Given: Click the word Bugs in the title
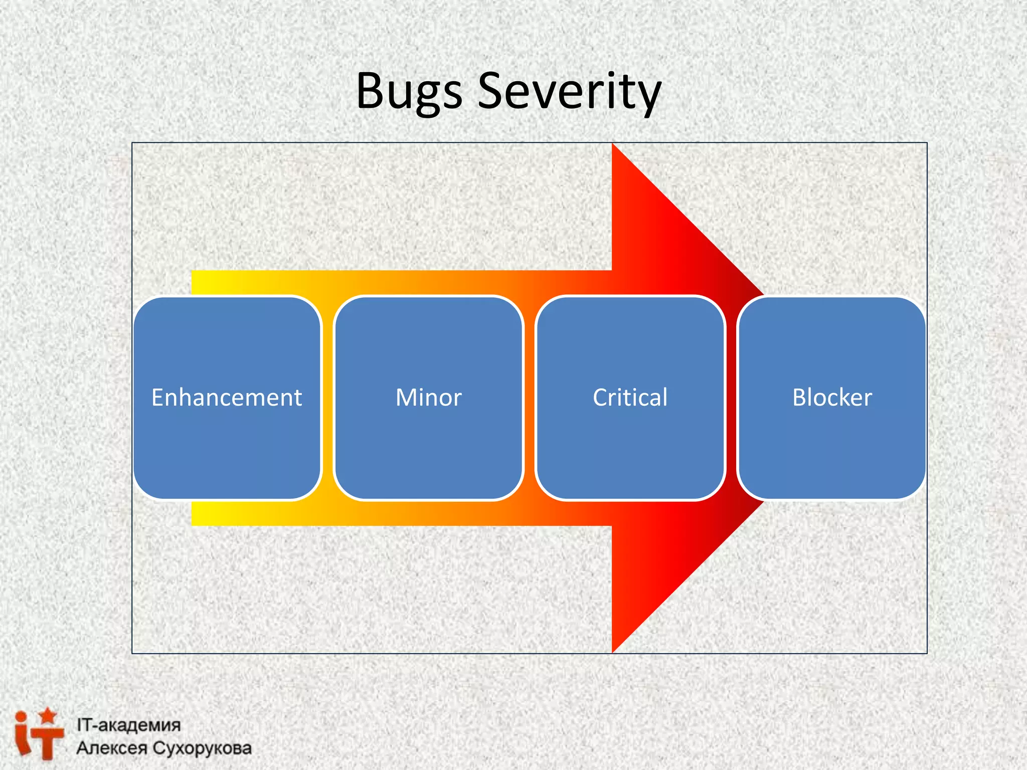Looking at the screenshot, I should [409, 91].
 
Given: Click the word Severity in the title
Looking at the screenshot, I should [569, 91].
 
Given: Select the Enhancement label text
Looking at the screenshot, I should [227, 398].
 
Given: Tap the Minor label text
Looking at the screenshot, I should [428, 398].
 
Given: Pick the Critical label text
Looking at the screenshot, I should [630, 398].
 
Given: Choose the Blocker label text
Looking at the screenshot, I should [832, 398].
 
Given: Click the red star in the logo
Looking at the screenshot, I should [48, 715].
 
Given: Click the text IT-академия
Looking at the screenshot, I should [128, 725].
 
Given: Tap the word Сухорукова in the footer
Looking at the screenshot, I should [202, 748].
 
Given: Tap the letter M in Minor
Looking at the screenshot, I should [405, 398].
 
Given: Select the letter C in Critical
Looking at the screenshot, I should [600, 398].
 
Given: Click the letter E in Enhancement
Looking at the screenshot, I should [157, 398].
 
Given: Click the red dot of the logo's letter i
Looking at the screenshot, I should [21, 717].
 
